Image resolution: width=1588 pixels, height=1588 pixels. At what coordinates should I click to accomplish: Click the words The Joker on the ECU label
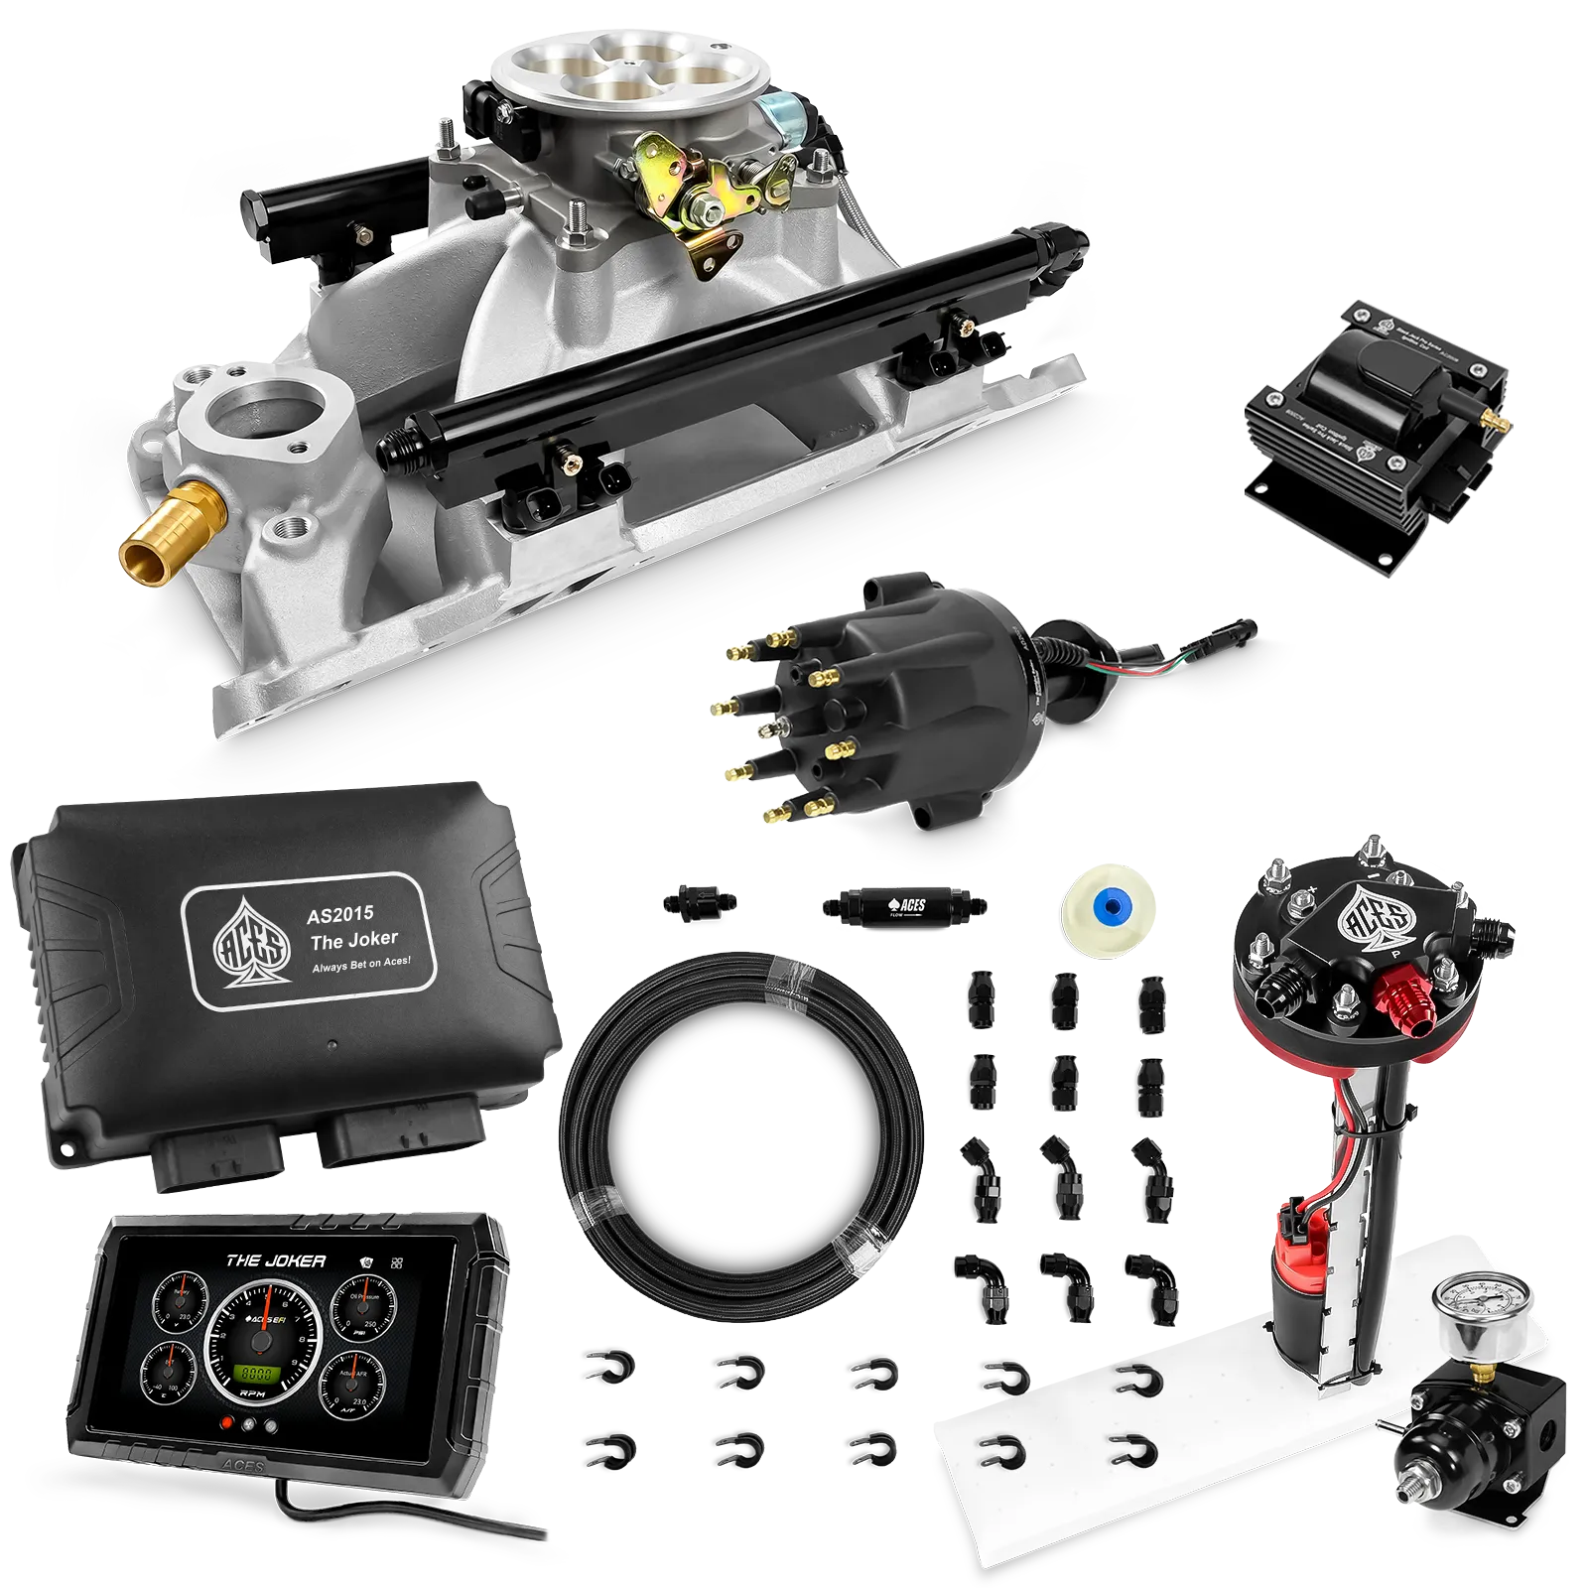(353, 939)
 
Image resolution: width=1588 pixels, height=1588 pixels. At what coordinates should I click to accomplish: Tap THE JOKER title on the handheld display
(275, 1260)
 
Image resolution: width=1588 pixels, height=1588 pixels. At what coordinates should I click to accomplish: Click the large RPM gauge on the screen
(260, 1345)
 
